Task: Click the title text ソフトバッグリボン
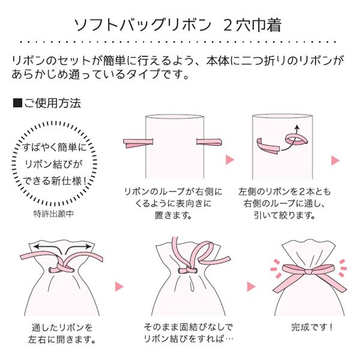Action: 142,25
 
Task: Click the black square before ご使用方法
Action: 17,103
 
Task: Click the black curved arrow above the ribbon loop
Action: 295,131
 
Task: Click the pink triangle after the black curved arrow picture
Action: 335,160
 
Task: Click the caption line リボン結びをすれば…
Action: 188,340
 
